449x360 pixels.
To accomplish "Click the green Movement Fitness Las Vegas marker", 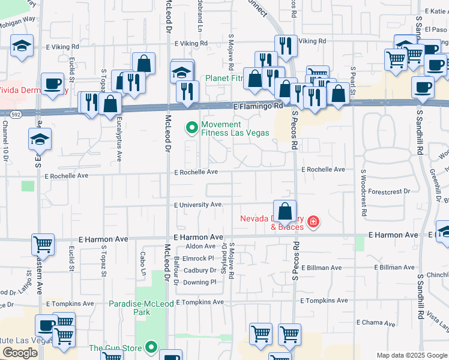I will (192, 128).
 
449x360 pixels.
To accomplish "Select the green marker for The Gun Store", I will (151, 347).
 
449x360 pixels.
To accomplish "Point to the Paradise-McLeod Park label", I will (141, 308).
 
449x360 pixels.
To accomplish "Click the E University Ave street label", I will (199, 205).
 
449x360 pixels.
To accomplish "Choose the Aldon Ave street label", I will (200, 246).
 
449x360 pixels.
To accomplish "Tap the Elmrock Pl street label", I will (199, 259).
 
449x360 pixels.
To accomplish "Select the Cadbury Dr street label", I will (200, 271).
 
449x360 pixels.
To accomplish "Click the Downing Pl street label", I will (200, 282).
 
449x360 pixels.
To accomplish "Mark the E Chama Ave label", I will (375, 322).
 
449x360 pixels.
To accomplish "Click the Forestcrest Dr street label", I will (390, 191).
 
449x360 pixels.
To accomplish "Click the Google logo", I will (20, 353).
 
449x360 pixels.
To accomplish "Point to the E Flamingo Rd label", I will (258, 106).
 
